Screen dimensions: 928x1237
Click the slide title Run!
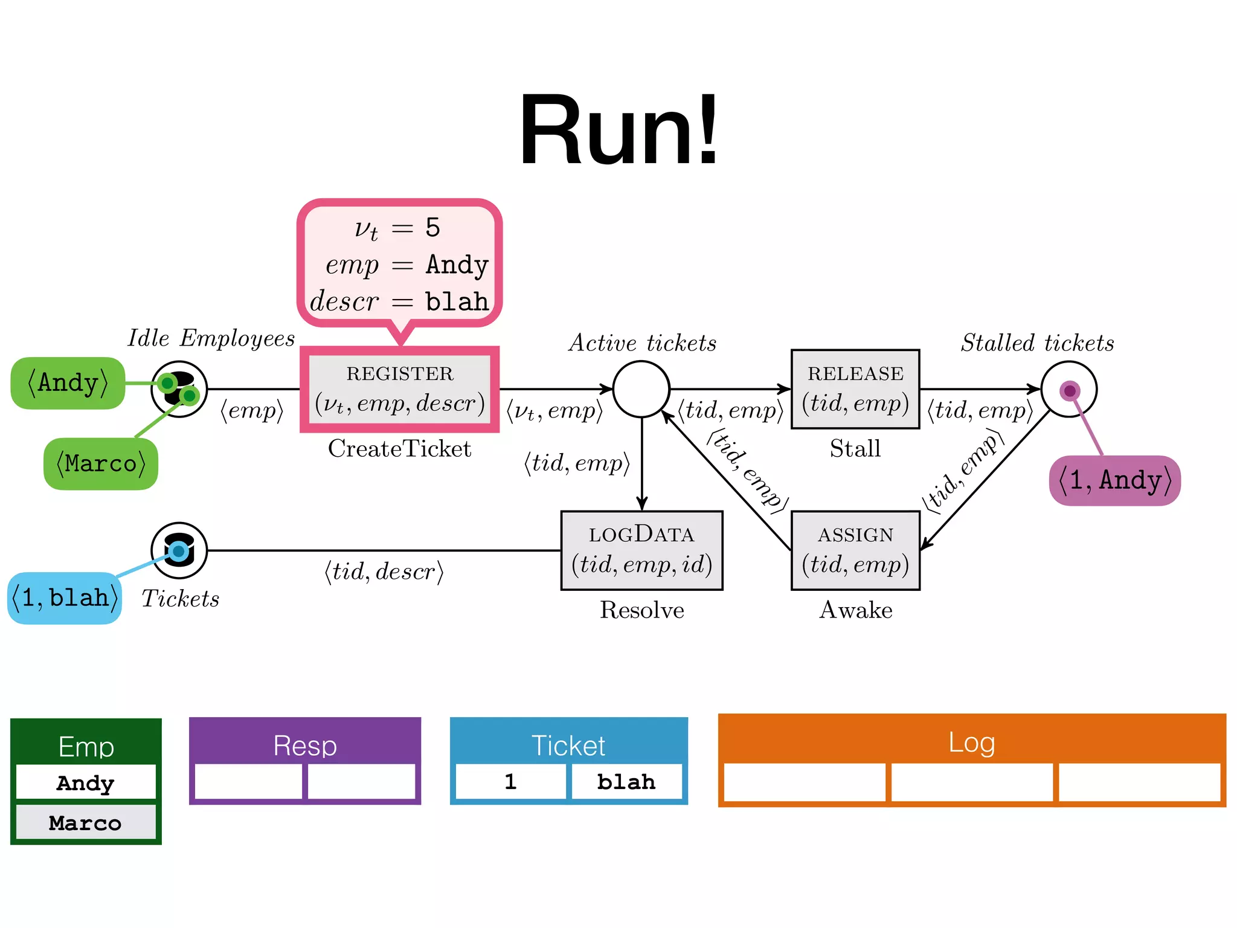618,130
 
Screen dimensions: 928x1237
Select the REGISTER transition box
399,390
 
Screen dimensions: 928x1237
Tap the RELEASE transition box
855,389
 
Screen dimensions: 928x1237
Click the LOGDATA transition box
641,550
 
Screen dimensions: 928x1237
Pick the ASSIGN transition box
855,550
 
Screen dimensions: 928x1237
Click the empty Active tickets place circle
641,389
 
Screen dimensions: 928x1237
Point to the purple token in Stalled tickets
1070,391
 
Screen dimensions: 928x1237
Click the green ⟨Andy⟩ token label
68,383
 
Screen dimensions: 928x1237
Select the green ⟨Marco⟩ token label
101,464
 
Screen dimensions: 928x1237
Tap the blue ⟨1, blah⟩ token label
65,598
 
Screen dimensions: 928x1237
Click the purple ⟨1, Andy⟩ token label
1115,481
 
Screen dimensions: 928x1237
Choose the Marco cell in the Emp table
85,823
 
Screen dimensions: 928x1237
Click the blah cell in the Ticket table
626,782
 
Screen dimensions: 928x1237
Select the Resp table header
305,745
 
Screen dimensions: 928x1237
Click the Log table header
971,742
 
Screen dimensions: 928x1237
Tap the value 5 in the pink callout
432,228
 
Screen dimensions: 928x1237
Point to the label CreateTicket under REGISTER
399,449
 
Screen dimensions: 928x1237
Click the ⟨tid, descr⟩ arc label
384,572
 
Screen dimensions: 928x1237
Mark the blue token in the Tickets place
178,551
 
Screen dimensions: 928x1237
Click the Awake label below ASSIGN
855,610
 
